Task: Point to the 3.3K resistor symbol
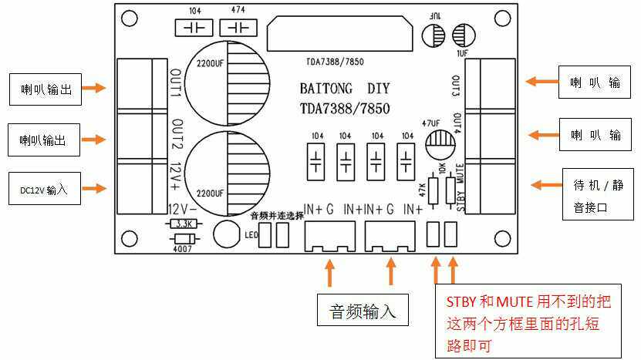pos(184,224)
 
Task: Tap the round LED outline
pos(226,234)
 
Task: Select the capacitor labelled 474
pos(239,29)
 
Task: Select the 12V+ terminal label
pos(175,174)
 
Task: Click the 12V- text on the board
pos(184,209)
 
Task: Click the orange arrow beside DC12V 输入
pos(93,187)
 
